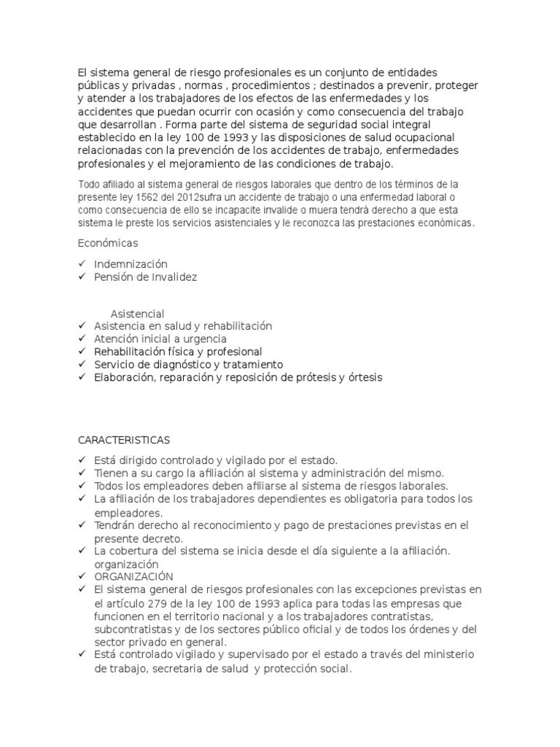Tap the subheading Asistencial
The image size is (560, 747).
(x=137, y=314)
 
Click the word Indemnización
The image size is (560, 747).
(x=131, y=264)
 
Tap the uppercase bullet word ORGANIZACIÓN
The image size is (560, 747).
(x=133, y=576)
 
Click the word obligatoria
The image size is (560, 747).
(x=361, y=499)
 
